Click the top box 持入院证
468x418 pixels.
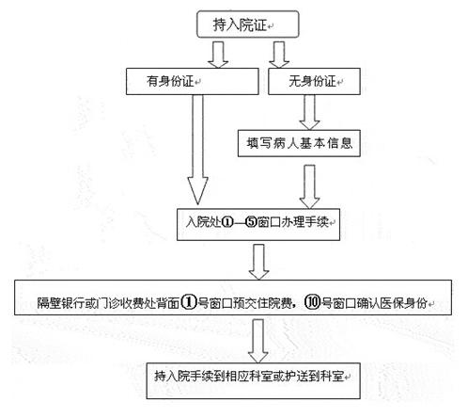(x=247, y=24)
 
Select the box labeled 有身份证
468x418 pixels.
(x=193, y=81)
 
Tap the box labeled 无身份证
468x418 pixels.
(x=314, y=81)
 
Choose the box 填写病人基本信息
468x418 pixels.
(x=299, y=143)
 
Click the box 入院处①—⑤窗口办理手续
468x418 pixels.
(x=258, y=224)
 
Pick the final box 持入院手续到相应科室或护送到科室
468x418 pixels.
(x=253, y=380)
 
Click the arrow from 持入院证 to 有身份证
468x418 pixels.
(x=218, y=55)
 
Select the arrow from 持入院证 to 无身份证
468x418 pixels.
(x=279, y=55)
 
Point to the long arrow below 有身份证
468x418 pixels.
(x=197, y=150)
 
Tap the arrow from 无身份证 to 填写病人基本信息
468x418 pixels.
(x=309, y=112)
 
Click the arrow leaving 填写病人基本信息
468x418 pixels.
(x=309, y=186)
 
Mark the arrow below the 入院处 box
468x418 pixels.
(x=258, y=262)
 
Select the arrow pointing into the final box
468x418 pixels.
(x=257, y=341)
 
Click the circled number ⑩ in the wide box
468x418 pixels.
(x=312, y=302)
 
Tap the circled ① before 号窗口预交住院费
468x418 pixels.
(x=189, y=302)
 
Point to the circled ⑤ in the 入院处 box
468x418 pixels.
(x=251, y=222)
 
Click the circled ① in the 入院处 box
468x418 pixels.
(x=227, y=222)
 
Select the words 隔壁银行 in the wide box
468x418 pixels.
(x=60, y=303)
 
